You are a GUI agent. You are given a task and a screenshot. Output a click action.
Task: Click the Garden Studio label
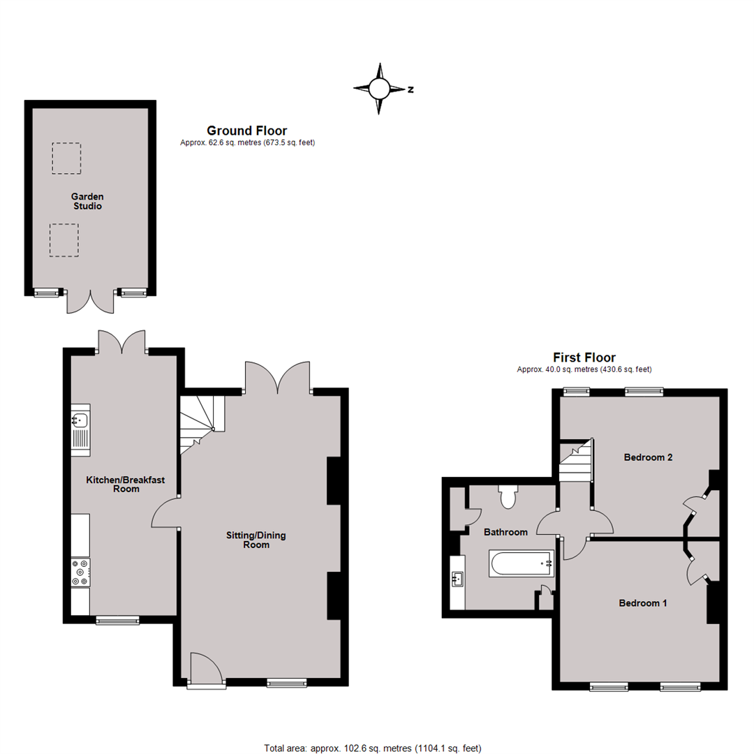pyautogui.click(x=87, y=201)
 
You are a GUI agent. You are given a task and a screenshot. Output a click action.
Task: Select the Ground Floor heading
pyautogui.click(x=246, y=131)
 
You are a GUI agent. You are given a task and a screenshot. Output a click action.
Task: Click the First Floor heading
pyautogui.click(x=584, y=357)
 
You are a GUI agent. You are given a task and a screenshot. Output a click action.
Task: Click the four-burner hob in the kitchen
pyautogui.click(x=80, y=572)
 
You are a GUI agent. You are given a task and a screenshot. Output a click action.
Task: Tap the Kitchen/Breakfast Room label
pyautogui.click(x=126, y=485)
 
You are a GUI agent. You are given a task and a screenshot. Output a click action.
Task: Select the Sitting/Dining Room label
pyautogui.click(x=256, y=540)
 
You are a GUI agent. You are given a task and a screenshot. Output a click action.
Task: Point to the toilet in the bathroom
pyautogui.click(x=508, y=497)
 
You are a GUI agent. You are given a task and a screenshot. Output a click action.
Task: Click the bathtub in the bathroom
pyautogui.click(x=522, y=563)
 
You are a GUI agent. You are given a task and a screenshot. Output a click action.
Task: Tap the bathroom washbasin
pyautogui.click(x=457, y=579)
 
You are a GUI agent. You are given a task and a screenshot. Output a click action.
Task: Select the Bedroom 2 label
pyautogui.click(x=648, y=457)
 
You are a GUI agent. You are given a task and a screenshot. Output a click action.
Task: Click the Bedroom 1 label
pyautogui.click(x=642, y=603)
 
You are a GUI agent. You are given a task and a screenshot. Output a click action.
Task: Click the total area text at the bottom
pyautogui.click(x=373, y=748)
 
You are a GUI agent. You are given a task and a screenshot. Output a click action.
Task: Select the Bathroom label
pyautogui.click(x=505, y=532)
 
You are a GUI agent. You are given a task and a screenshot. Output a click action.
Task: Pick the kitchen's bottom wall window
pyautogui.click(x=117, y=621)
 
